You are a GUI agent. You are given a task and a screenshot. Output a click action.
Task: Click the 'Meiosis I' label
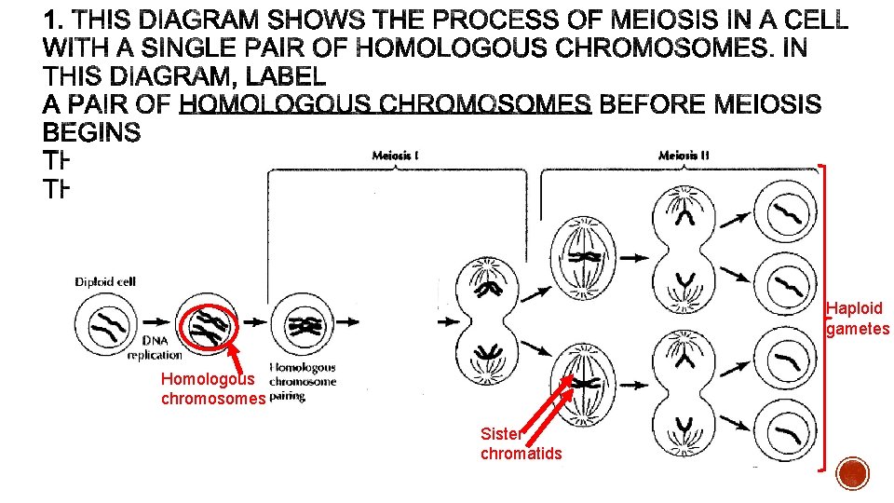pyautogui.click(x=396, y=156)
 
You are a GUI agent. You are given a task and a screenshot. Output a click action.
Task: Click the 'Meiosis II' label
pyautogui.click(x=684, y=156)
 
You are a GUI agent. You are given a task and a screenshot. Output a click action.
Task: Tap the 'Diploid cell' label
pyautogui.click(x=105, y=281)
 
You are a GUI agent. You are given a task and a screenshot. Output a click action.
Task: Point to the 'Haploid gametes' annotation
pyautogui.click(x=858, y=319)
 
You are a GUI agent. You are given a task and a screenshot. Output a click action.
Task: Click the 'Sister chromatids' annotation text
pyautogui.click(x=521, y=442)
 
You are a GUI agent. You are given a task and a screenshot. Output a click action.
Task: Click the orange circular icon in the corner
pyautogui.click(x=852, y=473)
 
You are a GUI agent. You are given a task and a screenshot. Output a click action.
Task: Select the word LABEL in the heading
pyautogui.click(x=280, y=75)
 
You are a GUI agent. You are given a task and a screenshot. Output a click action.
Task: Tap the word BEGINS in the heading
pyautogui.click(x=92, y=132)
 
